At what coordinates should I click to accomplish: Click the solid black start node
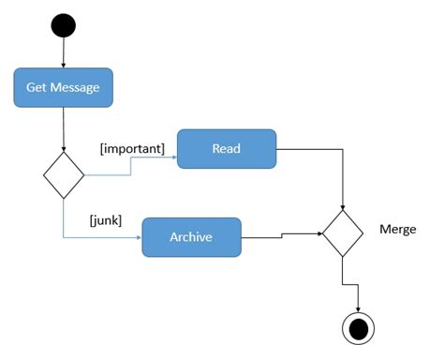coord(63,22)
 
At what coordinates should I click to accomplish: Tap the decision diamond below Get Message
coord(64,175)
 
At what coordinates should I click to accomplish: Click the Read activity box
coord(227,148)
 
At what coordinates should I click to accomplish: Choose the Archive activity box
coord(191,237)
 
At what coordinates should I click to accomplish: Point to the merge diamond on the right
coord(343,232)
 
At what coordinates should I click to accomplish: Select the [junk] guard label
coord(105,220)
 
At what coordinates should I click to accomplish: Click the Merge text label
coord(398,229)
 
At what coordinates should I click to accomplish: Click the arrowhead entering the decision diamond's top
coord(64,149)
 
